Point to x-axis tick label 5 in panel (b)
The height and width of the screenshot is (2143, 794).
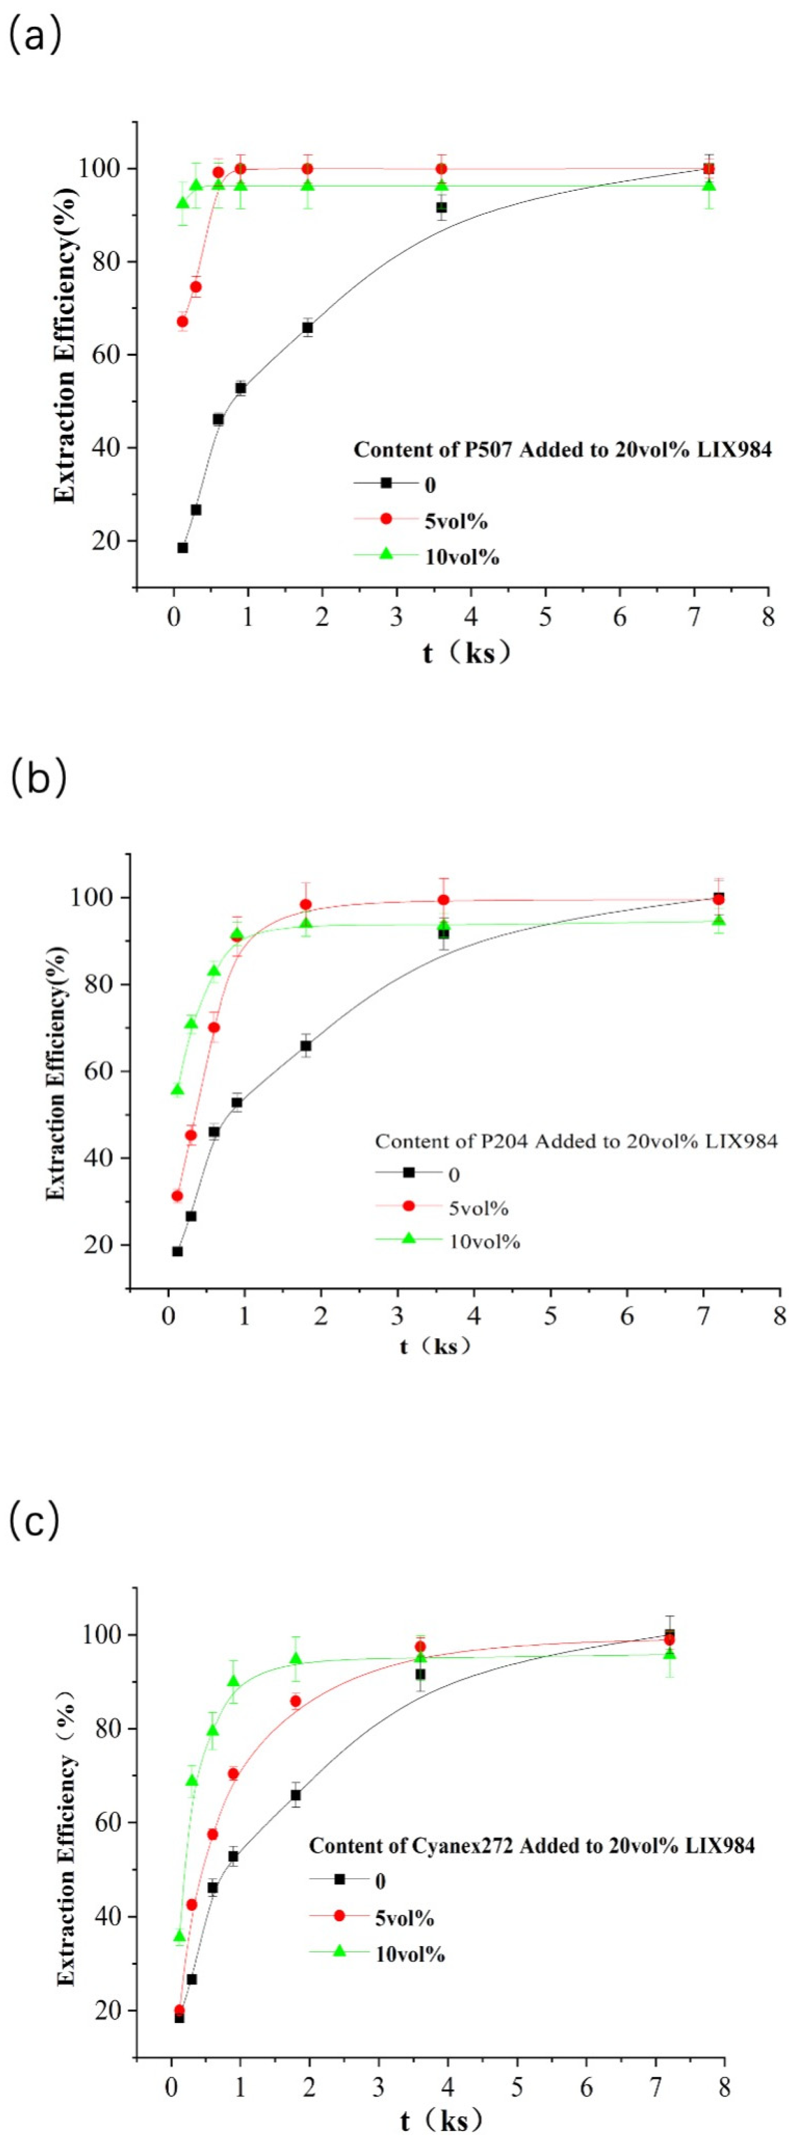[x=550, y=1316]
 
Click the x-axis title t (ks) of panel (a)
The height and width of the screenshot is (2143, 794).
[x=466, y=653]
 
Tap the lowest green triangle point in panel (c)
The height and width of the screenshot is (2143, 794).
[x=179, y=1936]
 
